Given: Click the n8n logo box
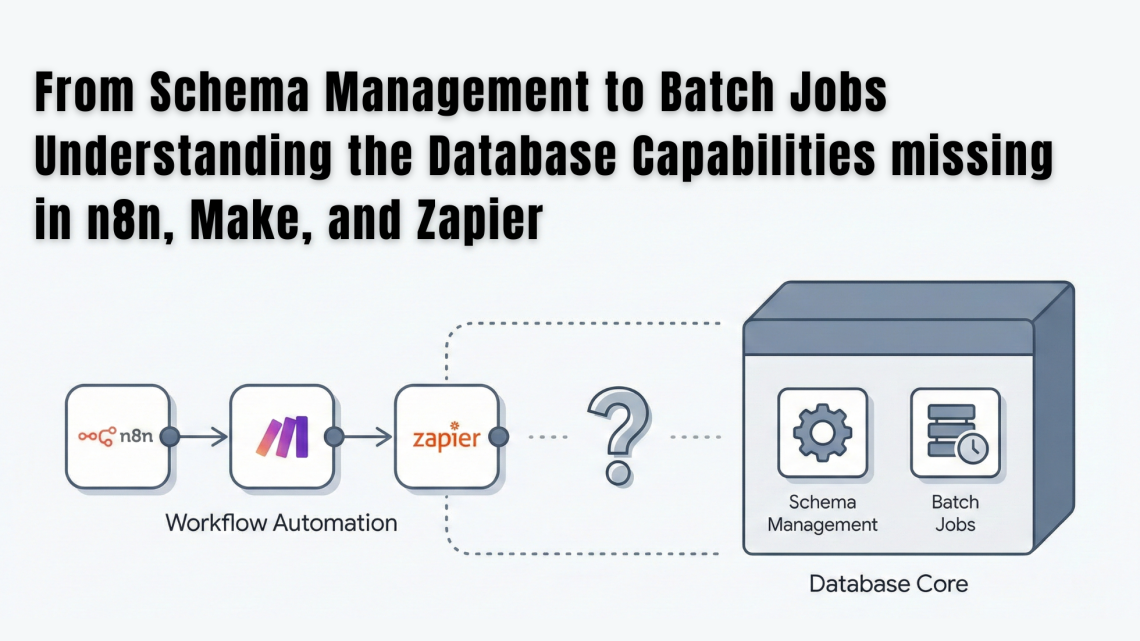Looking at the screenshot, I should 116,437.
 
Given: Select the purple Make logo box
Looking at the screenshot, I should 281,437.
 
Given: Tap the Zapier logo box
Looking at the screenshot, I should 446,437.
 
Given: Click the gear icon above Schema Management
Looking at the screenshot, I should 822,433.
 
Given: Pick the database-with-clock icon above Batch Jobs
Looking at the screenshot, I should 955,433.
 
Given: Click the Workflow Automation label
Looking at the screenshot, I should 281,522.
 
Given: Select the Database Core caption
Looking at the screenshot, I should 888,583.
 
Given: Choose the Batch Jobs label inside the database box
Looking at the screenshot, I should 955,513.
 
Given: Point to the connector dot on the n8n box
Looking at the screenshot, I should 169,437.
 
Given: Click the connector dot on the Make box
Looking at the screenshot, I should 334,437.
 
